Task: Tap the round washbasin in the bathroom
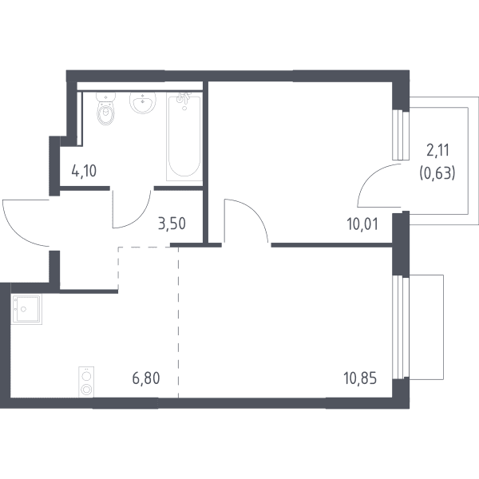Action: pos(143,102)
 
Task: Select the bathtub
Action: pos(184,137)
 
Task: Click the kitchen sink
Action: pos(26,309)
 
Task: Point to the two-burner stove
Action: pos(86,382)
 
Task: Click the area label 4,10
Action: pos(84,171)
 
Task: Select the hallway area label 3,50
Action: pos(172,224)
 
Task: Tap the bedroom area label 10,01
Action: pos(362,224)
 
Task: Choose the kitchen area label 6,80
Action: pos(146,378)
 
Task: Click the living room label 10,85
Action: pos(361,378)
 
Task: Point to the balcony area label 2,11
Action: pos(437,151)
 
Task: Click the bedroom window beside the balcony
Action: pos(401,135)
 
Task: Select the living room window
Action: pos(401,327)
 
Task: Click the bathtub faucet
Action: pos(184,100)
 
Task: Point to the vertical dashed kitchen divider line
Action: pos(178,323)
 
